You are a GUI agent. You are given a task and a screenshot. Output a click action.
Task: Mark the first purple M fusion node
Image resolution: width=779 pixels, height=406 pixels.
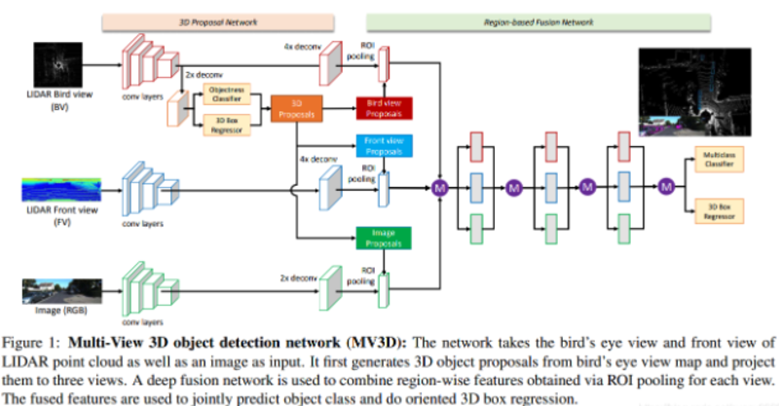click(440, 186)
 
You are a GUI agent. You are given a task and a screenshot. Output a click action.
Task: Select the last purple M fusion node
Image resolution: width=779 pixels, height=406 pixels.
click(666, 185)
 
